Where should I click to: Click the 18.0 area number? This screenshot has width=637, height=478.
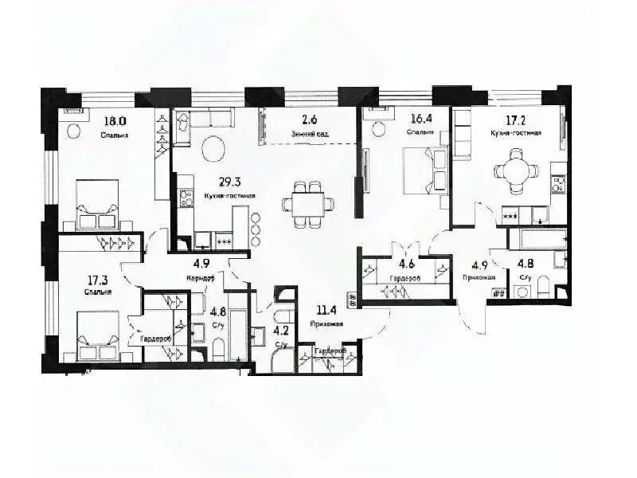115,122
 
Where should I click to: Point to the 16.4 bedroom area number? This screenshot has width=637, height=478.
421,119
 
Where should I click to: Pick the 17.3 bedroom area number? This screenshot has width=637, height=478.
100,280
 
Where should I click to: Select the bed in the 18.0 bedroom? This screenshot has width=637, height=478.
98,205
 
